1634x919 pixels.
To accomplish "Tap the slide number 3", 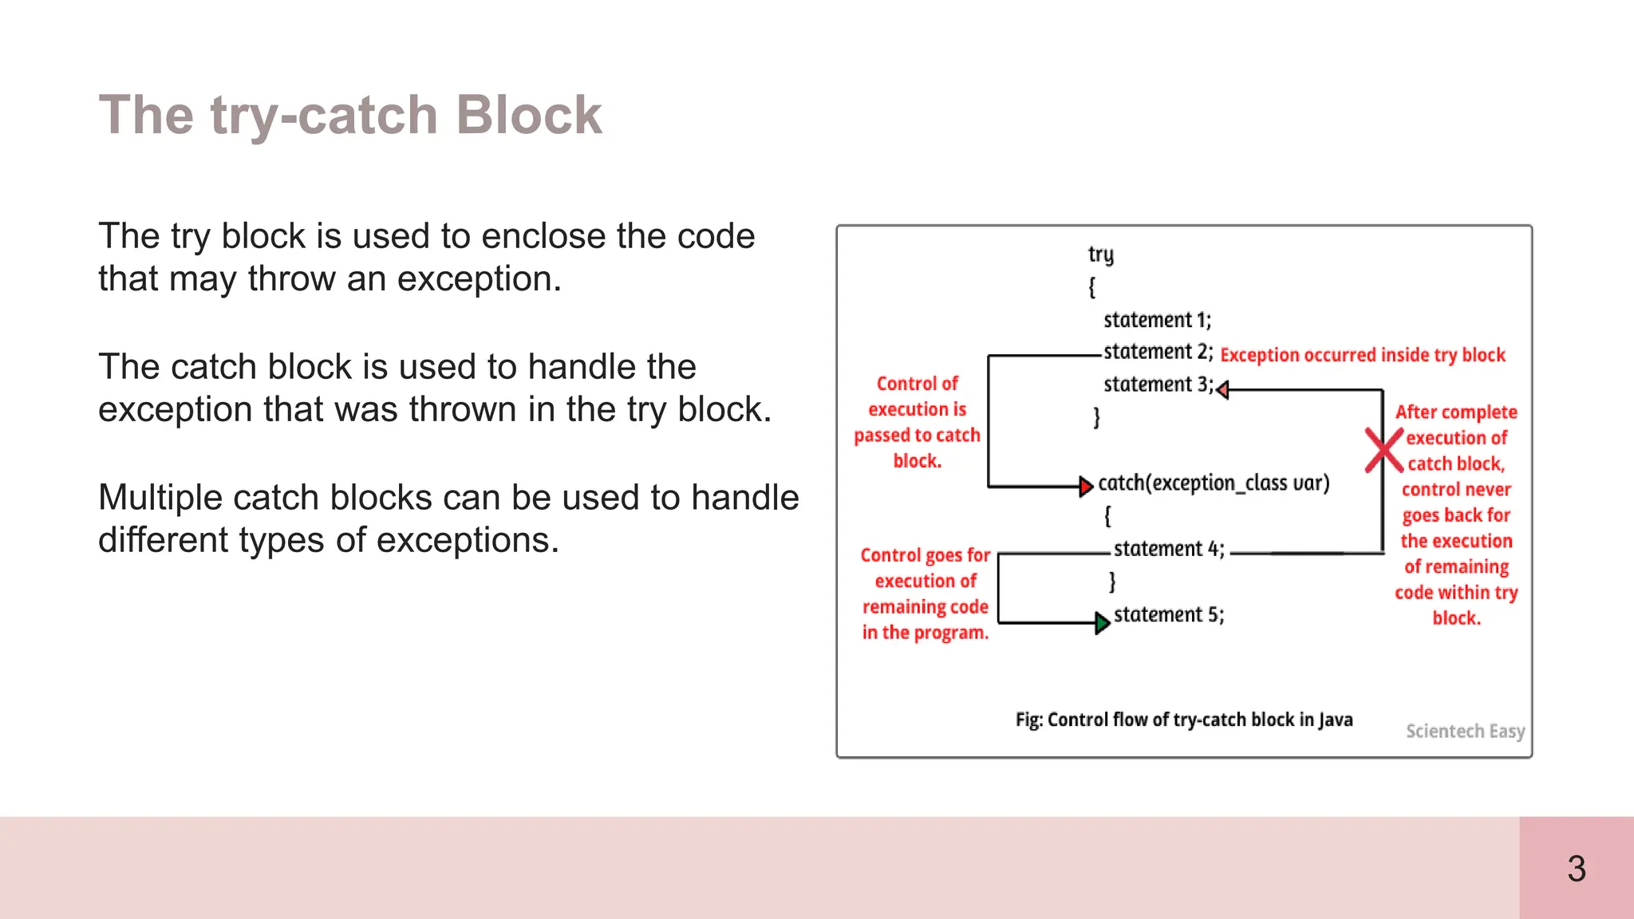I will click(1576, 869).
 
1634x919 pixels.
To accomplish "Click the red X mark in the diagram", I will click(1383, 451).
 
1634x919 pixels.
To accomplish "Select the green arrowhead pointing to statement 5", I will click(1102, 622).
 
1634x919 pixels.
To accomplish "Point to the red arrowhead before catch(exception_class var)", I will click(1085, 486).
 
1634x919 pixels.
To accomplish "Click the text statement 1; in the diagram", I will click(1157, 320).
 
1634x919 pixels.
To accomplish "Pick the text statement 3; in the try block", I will click(1158, 385).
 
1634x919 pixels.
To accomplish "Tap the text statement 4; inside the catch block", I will click(1168, 549).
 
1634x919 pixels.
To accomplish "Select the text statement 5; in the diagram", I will click(1168, 614).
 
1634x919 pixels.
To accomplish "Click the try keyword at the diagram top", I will click(1100, 254).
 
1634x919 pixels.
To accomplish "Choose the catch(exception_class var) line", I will click(1214, 483).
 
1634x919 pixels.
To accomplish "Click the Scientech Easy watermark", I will click(1465, 731).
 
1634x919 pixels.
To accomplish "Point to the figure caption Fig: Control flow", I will click(1183, 720).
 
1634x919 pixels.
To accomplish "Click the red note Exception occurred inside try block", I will click(1362, 355).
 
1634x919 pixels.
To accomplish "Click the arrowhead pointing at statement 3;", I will click(1222, 389).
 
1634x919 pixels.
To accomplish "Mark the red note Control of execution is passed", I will click(917, 422).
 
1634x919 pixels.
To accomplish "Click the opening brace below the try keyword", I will click(1091, 286).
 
